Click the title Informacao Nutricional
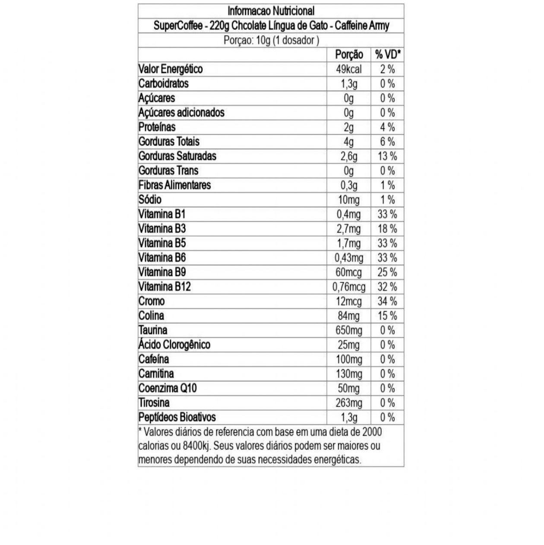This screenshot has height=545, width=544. [x=271, y=11]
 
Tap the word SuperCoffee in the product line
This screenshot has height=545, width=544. [x=177, y=25]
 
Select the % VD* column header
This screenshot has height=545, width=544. [x=388, y=54]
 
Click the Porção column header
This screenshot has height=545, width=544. [x=349, y=54]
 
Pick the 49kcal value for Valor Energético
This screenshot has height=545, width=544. [x=349, y=69]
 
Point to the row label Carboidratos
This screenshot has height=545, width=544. [x=163, y=83]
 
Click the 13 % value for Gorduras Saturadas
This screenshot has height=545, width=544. [x=387, y=156]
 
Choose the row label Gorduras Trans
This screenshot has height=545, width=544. [x=168, y=171]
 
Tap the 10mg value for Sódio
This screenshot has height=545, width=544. [x=349, y=200]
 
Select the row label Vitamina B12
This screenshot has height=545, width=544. [x=164, y=287]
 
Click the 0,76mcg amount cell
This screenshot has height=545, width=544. [x=349, y=287]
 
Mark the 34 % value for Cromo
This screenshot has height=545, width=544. [x=387, y=301]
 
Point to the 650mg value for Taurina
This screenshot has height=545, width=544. [x=349, y=330]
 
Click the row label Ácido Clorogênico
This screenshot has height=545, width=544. [x=174, y=345]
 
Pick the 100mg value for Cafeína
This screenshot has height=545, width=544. [x=349, y=359]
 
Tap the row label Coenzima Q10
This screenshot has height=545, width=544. [x=168, y=388]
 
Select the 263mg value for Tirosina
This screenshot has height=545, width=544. [x=349, y=403]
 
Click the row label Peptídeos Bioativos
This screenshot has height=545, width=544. [x=177, y=417]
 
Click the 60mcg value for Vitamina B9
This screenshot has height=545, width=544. [x=349, y=272]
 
